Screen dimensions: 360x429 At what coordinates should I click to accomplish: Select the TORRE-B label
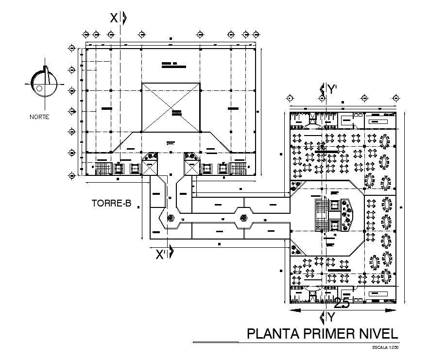click(x=111, y=204)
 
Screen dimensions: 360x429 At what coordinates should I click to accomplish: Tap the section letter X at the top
click(x=114, y=18)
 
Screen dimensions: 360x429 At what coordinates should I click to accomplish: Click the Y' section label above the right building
click(x=332, y=89)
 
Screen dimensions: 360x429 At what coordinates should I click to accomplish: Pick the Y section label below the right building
click(x=331, y=318)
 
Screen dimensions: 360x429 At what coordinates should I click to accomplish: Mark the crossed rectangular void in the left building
click(x=171, y=107)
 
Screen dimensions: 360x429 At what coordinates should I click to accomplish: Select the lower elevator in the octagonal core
click(x=334, y=225)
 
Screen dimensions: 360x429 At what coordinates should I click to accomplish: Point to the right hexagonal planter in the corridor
click(x=244, y=217)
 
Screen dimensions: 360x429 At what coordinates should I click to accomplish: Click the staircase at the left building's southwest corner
click(x=103, y=169)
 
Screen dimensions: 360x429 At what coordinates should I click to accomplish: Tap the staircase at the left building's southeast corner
click(x=238, y=169)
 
